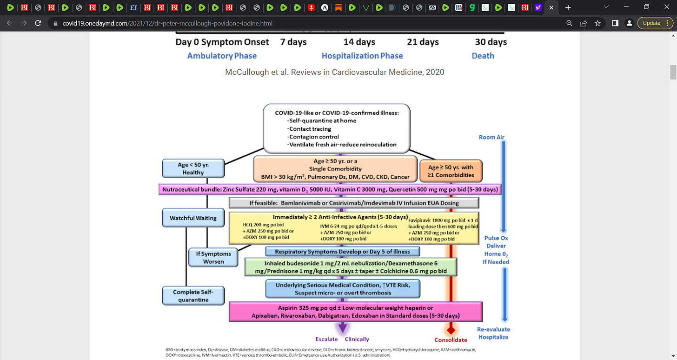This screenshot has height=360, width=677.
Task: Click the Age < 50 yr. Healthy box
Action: [193, 168]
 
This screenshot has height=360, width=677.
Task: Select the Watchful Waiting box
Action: [193, 218]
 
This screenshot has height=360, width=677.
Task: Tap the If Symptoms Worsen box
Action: [213, 258]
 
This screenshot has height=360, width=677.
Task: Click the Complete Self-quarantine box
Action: [193, 296]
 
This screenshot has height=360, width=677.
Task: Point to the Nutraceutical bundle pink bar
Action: [330, 190]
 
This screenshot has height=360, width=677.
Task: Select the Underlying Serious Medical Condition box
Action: [343, 289]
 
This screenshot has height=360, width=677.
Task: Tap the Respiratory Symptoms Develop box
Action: [343, 252]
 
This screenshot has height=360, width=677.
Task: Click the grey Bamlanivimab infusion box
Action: [354, 203]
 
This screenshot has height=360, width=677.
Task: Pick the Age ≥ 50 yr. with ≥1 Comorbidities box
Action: [451, 171]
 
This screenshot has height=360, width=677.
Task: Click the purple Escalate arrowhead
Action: [342, 327]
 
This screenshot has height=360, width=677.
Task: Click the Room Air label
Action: [491, 137]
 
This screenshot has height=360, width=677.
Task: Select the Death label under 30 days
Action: [483, 56]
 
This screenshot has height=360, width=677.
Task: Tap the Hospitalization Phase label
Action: [362, 56]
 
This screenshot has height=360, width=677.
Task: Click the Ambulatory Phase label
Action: [222, 56]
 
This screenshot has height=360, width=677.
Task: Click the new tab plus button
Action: [568, 8]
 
